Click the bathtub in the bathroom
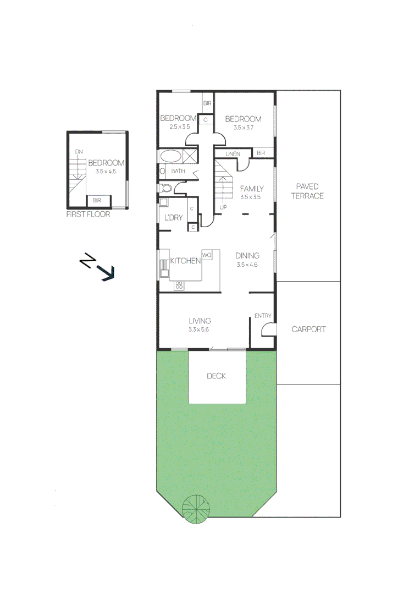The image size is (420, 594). point(170,156)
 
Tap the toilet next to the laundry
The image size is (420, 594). point(167,189)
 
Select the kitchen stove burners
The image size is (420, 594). point(179,285)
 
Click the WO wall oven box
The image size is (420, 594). point(207,255)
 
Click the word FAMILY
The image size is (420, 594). point(251,189)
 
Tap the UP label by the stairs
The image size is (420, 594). point(223,207)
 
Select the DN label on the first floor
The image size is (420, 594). point(79,151)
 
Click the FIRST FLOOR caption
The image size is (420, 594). point(88,214)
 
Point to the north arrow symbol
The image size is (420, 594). point(97,267)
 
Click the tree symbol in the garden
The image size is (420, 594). point(196,508)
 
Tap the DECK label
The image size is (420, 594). point(217,376)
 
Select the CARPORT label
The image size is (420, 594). point(308,329)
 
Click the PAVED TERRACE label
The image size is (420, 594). point(307,191)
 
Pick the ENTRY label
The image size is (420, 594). point(263,316)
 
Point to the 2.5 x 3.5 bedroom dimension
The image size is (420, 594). point(179,127)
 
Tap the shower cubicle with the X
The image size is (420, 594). point(190,156)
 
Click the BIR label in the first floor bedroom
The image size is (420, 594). point(96,201)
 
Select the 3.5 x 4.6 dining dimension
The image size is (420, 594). point(247,265)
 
